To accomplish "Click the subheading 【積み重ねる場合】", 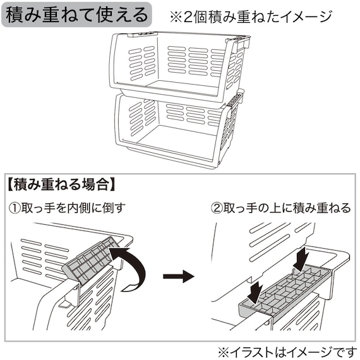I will [x=61, y=185].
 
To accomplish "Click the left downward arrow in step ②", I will [x=255, y=290].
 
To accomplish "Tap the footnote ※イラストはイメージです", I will [x=287, y=351].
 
